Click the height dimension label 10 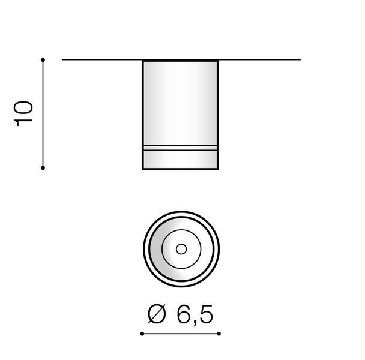[23, 113]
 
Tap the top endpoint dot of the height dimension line [43, 60]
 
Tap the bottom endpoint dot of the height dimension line [43, 168]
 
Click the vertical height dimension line [43, 114]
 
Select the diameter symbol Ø [157, 314]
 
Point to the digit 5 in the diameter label [206, 314]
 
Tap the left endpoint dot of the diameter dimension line [142, 334]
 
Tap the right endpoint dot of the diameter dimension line [219, 334]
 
